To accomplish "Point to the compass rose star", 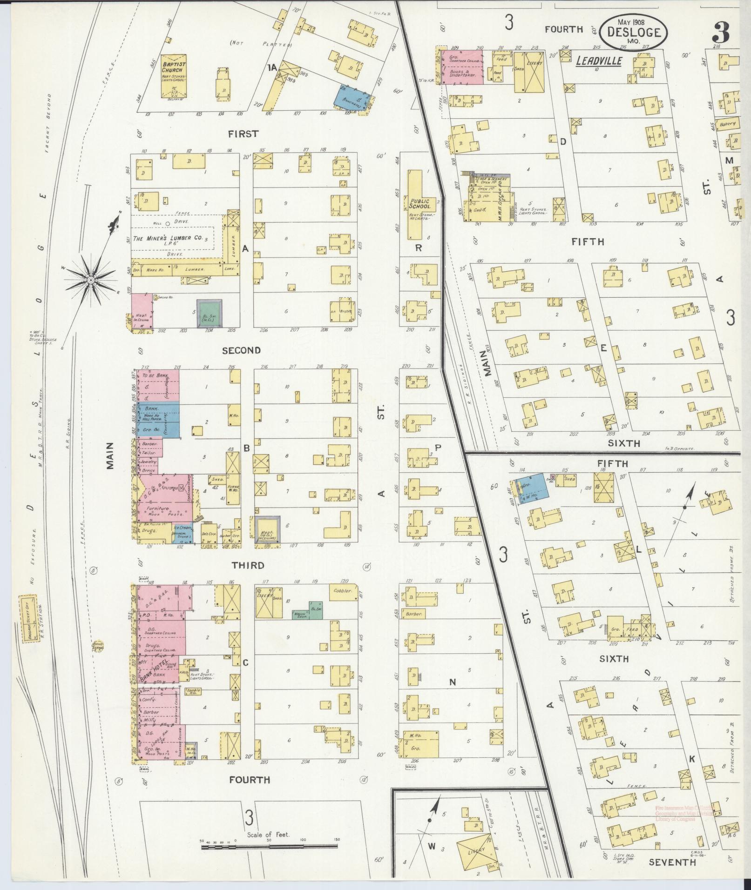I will pos(91,280).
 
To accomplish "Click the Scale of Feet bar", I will pos(270,848).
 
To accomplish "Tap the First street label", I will pos(243,134).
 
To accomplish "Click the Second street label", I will pos(241,350).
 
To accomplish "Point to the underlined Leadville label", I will pos(599,61).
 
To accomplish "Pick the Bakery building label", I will pos(727,124).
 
